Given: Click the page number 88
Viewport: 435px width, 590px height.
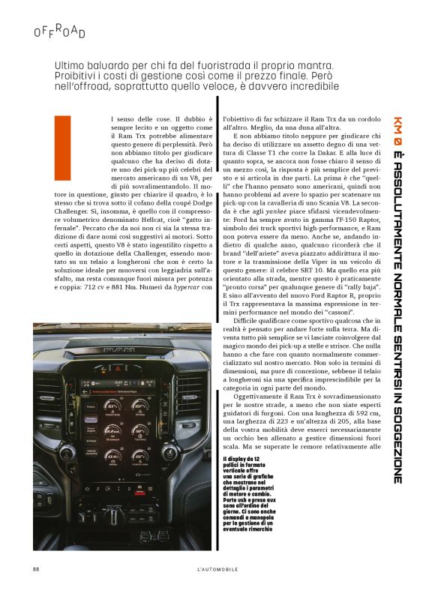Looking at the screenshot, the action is pos(35,568).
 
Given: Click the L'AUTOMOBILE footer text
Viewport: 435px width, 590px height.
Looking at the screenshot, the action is pos(217,568).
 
